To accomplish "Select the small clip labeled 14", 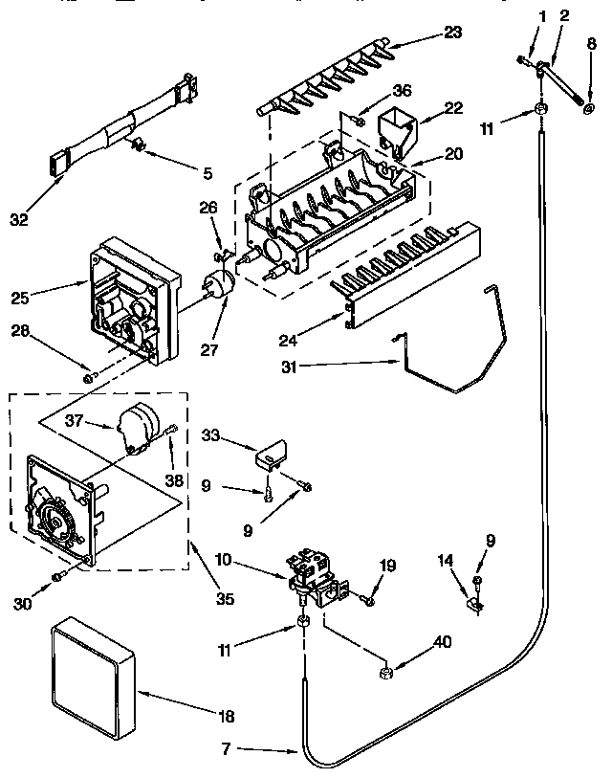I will (473, 604).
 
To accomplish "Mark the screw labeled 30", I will (59, 574).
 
